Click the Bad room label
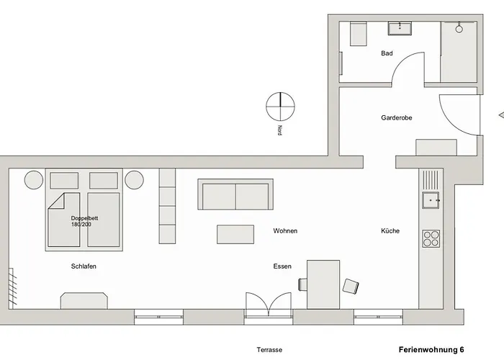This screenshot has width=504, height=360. (387, 53)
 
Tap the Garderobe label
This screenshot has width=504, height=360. (396, 117)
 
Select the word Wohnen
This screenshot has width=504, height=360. (285, 231)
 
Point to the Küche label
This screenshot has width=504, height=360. (390, 231)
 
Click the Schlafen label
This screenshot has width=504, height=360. (84, 266)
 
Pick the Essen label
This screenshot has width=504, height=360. (282, 266)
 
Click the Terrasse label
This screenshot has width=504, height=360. (269, 350)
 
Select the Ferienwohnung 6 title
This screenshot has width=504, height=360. (431, 350)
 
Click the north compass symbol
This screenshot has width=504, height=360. (280, 107)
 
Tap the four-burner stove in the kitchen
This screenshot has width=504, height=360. (431, 238)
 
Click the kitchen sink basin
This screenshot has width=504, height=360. (431, 200)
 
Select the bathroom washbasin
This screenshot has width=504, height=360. (400, 28)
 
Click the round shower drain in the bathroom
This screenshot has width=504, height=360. (459, 29)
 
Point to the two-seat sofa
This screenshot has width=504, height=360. (235, 194)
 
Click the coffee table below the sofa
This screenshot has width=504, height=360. (235, 234)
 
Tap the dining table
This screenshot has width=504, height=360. (323, 284)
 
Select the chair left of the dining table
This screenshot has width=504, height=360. (303, 284)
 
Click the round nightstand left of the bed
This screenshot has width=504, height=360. (34, 180)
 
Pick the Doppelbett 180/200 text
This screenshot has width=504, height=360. (84, 221)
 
